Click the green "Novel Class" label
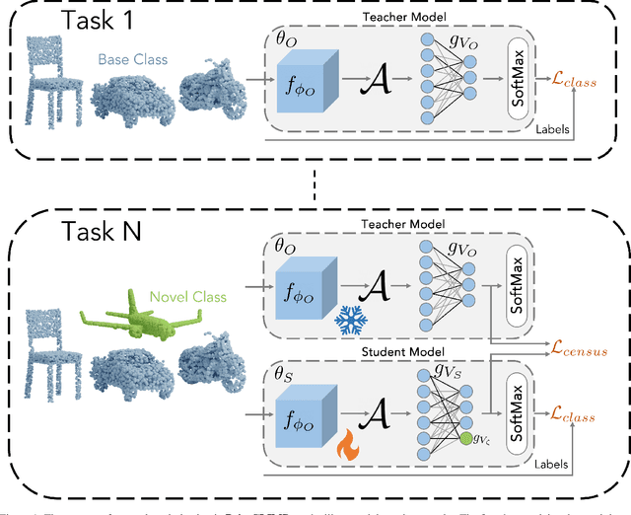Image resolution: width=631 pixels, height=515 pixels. click(187, 297)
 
